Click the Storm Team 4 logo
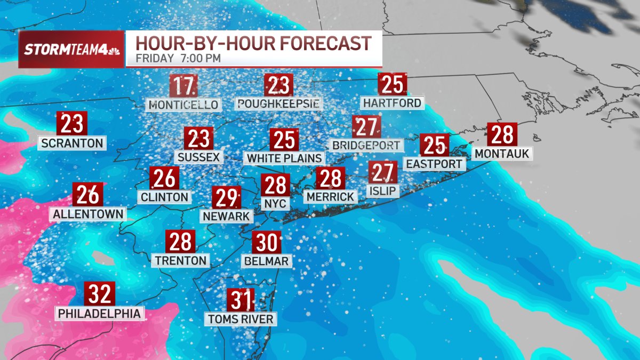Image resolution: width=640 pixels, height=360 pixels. (x=71, y=50)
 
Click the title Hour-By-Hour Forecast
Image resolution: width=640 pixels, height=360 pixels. (x=253, y=43)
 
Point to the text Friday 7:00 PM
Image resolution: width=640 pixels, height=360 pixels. (x=178, y=58)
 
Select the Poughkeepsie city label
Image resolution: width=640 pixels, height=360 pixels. (x=279, y=102)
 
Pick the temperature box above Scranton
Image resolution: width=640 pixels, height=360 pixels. (x=71, y=124)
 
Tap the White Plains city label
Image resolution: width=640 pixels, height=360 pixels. (x=284, y=158)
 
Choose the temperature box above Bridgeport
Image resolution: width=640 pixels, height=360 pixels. (x=366, y=128)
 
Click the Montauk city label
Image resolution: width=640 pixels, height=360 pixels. (x=501, y=154)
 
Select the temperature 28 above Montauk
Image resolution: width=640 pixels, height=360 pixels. (x=501, y=135)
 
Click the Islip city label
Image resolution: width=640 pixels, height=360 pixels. (x=383, y=190)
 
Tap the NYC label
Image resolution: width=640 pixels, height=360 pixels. (x=276, y=203)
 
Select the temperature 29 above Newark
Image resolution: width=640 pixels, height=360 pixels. (x=226, y=198)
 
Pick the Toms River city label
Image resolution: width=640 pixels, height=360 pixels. (x=241, y=319)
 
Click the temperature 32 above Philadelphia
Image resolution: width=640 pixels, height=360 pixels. (x=100, y=294)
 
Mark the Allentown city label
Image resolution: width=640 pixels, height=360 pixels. (x=88, y=214)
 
